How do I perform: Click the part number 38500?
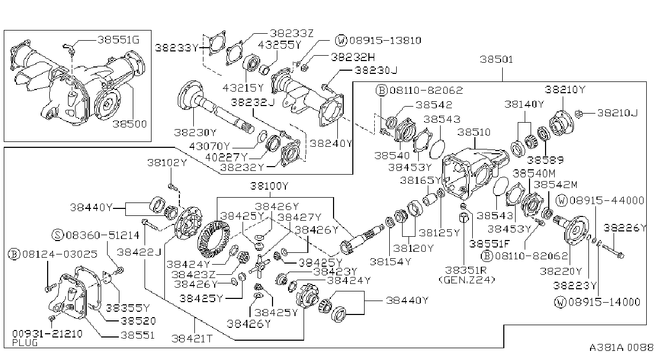(x=130, y=124)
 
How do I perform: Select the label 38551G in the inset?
(x=118, y=40)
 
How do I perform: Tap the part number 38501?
(x=496, y=59)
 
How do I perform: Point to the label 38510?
(x=474, y=132)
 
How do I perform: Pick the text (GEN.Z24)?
(x=467, y=280)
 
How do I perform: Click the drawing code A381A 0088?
(x=621, y=348)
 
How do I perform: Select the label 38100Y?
(x=269, y=186)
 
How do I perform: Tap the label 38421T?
(x=192, y=339)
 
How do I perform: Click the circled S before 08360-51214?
(x=58, y=235)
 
